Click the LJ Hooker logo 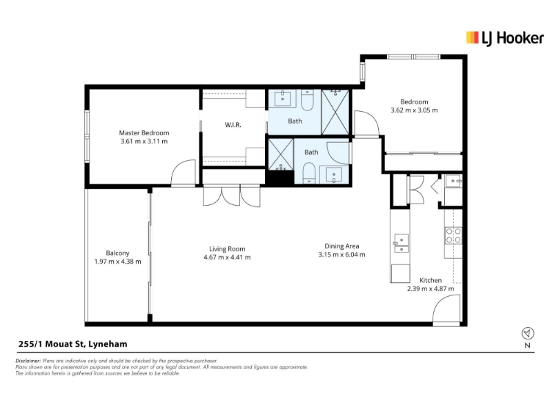click(504, 38)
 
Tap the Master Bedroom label click(144, 132)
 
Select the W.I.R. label click(233, 125)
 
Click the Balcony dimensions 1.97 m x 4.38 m click(117, 262)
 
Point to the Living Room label click(227, 249)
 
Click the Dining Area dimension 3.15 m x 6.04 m click(342, 255)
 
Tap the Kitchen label click(431, 280)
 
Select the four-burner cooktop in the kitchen click(453, 235)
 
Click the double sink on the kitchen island click(401, 244)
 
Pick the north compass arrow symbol click(528, 333)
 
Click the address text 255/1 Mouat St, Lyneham click(73, 344)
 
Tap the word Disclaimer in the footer click(28, 361)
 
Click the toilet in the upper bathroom click(307, 100)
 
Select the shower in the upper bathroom click(335, 112)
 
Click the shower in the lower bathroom click(281, 154)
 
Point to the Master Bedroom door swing click(183, 172)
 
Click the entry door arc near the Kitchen click(446, 308)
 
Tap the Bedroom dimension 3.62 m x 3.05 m click(415, 110)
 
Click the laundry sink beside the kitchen click(453, 181)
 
